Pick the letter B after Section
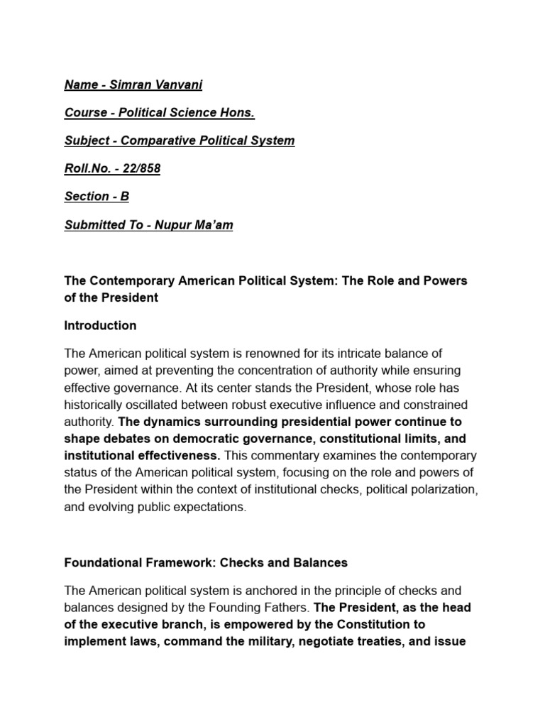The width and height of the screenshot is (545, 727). [x=125, y=196]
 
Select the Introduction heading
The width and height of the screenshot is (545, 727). [x=100, y=326]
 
